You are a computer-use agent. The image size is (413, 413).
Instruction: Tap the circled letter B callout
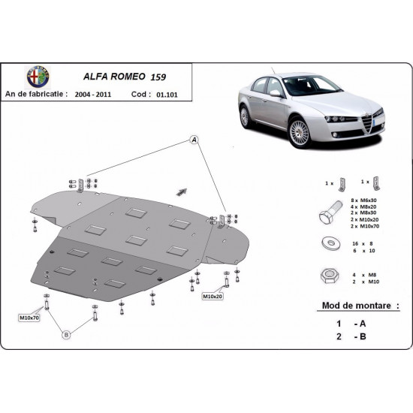point(66,333)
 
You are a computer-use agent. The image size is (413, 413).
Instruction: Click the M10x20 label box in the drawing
point(213,298)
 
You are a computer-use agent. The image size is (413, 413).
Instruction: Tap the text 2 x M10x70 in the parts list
point(366,226)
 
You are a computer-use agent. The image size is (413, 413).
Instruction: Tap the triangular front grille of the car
point(368,119)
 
